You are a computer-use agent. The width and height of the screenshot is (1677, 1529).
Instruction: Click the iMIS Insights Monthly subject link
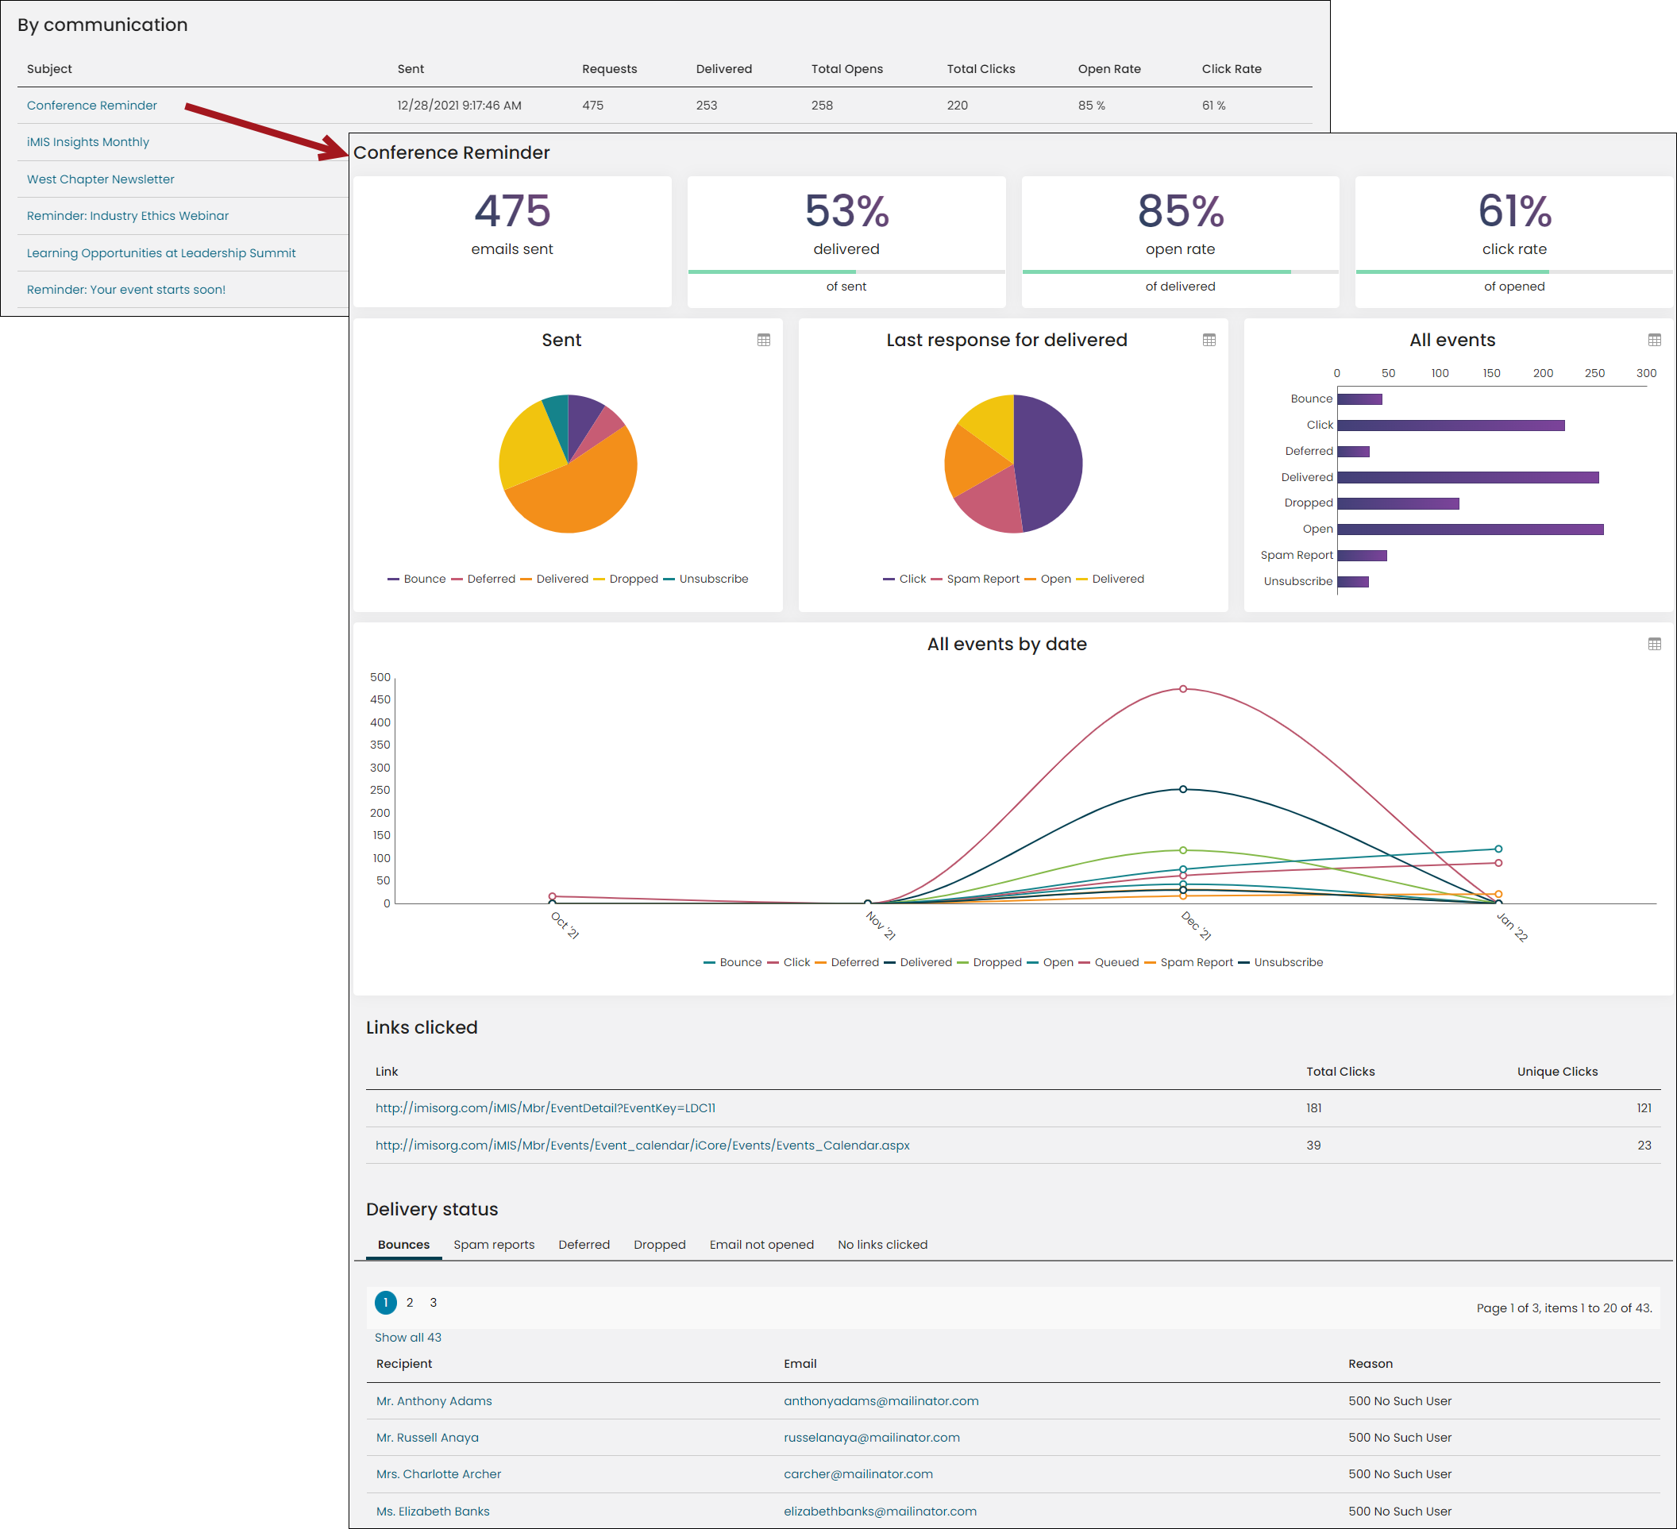click(88, 142)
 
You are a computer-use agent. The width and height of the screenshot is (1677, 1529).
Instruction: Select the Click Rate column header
click(1231, 69)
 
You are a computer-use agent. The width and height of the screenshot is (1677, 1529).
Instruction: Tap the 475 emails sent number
click(512, 210)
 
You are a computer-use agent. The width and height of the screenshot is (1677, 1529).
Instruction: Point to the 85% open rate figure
click(1181, 210)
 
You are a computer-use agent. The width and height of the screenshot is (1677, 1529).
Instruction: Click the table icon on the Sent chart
click(764, 340)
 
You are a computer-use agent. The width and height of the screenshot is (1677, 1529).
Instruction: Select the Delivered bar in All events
click(1468, 477)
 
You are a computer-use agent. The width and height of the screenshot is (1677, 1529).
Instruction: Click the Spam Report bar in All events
click(1362, 556)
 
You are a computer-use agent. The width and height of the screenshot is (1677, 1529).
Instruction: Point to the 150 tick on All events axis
click(1491, 373)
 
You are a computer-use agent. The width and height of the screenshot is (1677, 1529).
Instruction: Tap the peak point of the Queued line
click(1183, 689)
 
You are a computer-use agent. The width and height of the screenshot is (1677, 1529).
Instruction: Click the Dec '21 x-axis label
click(1196, 925)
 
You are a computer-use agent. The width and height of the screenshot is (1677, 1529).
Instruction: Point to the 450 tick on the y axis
click(380, 699)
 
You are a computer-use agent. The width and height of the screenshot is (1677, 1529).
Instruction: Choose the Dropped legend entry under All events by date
click(989, 962)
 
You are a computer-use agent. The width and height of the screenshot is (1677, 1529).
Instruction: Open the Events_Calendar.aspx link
click(642, 1146)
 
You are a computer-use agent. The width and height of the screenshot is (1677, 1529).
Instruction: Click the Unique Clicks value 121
click(1644, 1108)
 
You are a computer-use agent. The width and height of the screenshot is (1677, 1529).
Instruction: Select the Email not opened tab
click(761, 1245)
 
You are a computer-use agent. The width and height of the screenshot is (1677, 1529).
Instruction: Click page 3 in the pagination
click(434, 1303)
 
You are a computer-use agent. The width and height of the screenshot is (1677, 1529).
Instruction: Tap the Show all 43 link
click(407, 1338)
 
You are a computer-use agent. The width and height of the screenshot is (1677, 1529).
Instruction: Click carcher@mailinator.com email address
click(858, 1474)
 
